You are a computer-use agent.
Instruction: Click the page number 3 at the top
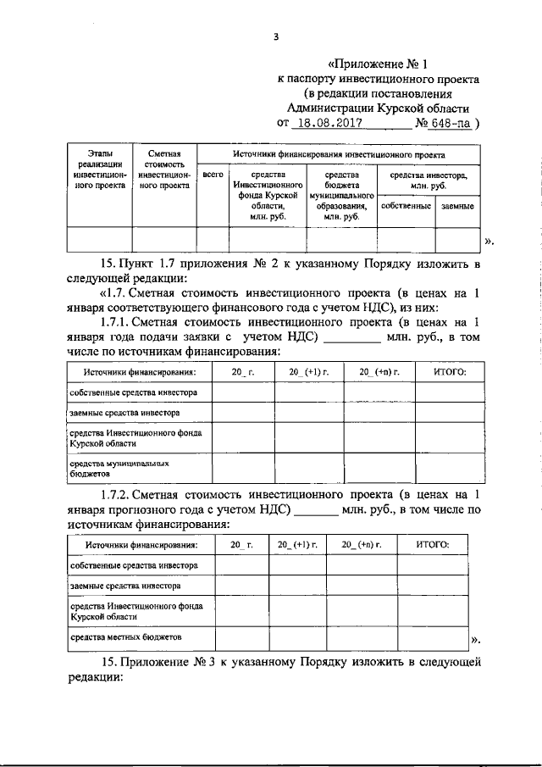pos(276,36)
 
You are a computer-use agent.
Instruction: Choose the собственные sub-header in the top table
pos(406,206)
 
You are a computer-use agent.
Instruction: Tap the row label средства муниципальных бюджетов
pos(113,469)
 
